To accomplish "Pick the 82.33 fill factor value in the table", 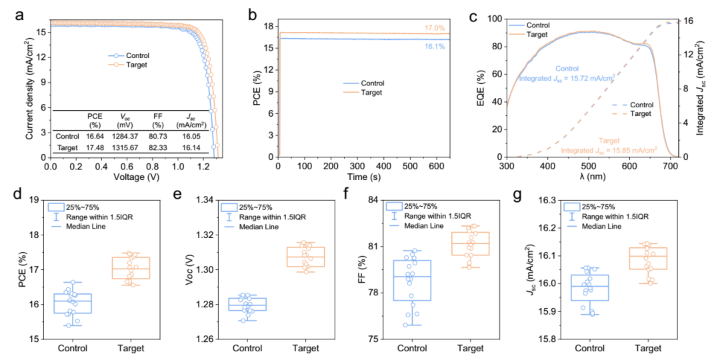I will pyautogui.click(x=157, y=147).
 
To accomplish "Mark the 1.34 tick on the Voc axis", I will pyautogui.click(x=203, y=200).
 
